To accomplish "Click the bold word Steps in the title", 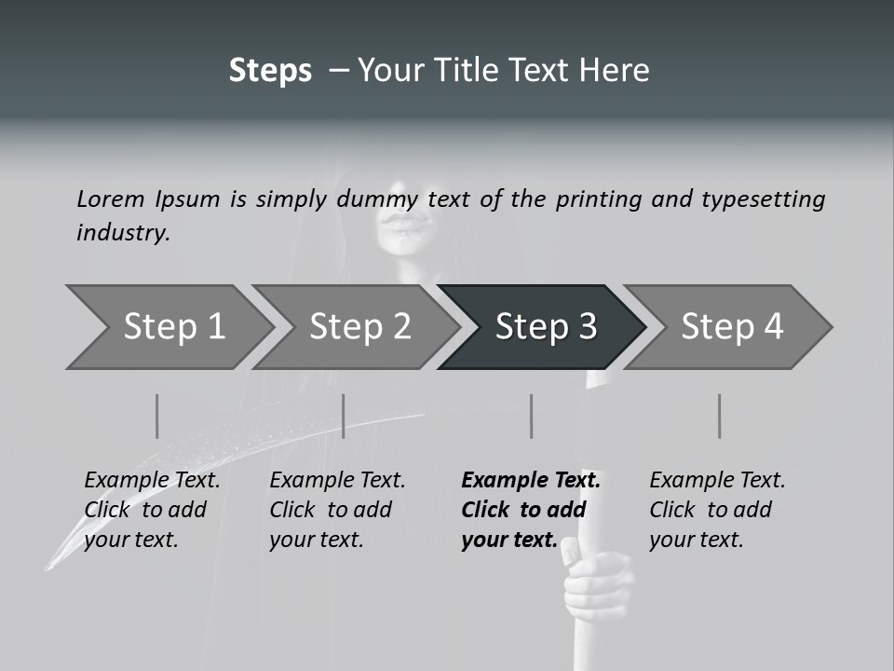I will click(x=270, y=71).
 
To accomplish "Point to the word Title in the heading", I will click(x=480, y=71).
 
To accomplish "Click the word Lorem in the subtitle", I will click(x=111, y=199).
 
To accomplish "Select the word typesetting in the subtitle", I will click(x=763, y=199).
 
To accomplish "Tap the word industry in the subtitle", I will click(x=122, y=233).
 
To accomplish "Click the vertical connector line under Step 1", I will click(x=157, y=416).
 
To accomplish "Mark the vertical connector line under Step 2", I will click(x=344, y=416).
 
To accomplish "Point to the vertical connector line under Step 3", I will click(x=532, y=416).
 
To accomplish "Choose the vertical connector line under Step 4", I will click(x=720, y=416).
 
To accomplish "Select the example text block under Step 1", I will click(x=152, y=510).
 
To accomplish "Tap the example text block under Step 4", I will click(x=717, y=510).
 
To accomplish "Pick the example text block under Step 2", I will click(x=337, y=510).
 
